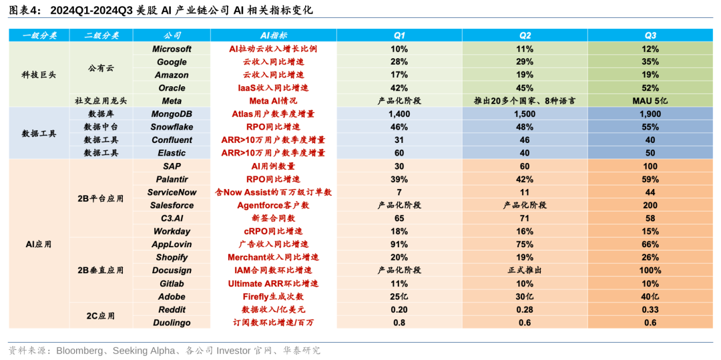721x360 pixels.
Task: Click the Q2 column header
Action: (x=525, y=35)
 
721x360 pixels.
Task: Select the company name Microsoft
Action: (x=172, y=49)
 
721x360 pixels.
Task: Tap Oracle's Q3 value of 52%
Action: (x=650, y=87)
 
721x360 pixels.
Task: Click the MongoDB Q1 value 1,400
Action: (x=399, y=114)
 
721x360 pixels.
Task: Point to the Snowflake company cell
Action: (x=172, y=127)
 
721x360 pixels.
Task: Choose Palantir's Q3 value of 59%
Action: (x=650, y=179)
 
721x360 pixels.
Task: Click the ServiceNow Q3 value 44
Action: (x=650, y=192)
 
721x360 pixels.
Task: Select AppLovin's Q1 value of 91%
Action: (x=399, y=244)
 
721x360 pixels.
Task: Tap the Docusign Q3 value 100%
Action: (x=650, y=271)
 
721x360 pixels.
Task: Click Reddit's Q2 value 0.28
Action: (x=525, y=309)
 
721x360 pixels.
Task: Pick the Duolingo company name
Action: (x=172, y=323)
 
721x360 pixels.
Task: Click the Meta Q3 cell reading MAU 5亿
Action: (x=650, y=101)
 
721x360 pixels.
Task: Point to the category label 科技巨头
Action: (x=39, y=75)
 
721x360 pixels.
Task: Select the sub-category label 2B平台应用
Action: (x=101, y=198)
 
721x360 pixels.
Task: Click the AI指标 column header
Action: (x=273, y=35)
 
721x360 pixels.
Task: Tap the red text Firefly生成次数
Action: (x=273, y=297)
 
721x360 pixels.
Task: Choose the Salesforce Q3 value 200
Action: (x=650, y=205)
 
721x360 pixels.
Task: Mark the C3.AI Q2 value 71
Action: (x=525, y=218)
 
